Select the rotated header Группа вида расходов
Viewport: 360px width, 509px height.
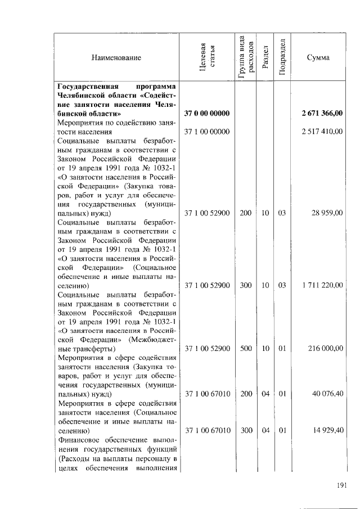point(245,54)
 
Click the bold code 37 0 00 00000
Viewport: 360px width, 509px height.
point(207,114)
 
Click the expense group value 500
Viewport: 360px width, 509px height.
point(246,349)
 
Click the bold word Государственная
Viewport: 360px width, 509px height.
point(87,87)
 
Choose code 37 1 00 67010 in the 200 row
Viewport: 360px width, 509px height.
point(207,394)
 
